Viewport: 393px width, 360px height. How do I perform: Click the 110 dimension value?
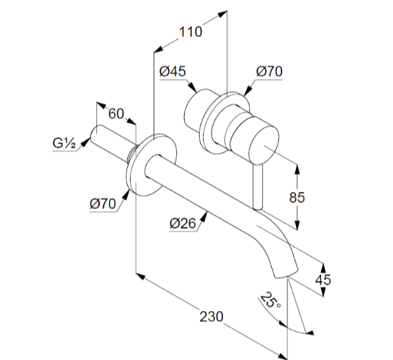[190, 32]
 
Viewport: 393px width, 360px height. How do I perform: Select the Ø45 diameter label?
[173, 71]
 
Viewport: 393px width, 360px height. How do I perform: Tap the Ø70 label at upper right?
[269, 71]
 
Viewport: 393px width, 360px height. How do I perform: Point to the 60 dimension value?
[116, 113]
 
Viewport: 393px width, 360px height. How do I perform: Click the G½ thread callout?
[64, 143]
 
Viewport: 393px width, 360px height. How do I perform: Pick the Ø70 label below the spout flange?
[103, 204]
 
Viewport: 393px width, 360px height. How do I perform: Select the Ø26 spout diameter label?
[183, 224]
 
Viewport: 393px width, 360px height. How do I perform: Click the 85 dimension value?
[297, 197]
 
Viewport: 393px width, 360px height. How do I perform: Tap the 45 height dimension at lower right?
[323, 280]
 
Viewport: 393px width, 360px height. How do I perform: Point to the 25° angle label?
[270, 301]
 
